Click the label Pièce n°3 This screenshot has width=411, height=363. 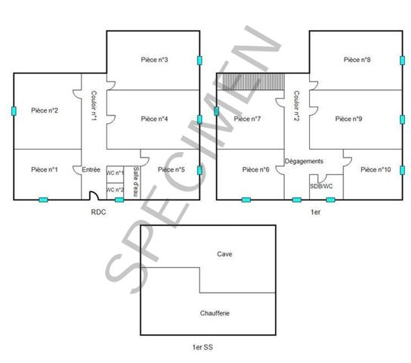coord(154,60)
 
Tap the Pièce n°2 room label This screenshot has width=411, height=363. coord(45,110)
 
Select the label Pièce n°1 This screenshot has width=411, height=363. coord(45,169)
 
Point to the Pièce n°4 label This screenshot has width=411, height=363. coord(154,119)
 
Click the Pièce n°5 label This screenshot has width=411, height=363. coord(172,169)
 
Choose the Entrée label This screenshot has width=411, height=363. coord(91,169)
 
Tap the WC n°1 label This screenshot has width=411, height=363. coord(115,173)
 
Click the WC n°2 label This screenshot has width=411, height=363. coord(115,189)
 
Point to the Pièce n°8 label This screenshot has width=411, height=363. coord(357,60)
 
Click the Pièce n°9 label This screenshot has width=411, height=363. coord(349,119)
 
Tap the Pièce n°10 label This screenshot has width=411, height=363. coord(375,169)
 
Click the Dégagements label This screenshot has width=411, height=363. coord(304,162)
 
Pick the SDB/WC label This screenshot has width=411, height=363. coord(321,186)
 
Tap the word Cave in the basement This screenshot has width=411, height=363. coord(224,254)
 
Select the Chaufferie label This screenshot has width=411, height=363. coord(215,312)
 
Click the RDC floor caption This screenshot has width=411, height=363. coord(98,213)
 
